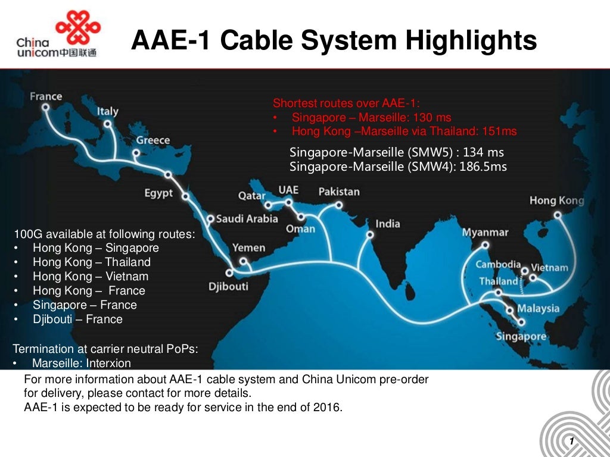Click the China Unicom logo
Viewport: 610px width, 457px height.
[56, 36]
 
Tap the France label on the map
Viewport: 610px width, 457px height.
[46, 96]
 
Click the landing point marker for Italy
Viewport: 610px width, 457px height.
[107, 124]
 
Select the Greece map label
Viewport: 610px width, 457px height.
[153, 140]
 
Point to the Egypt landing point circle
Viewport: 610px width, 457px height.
[168, 175]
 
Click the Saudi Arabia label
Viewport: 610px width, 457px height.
[247, 218]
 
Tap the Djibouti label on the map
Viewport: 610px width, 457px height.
[228, 287]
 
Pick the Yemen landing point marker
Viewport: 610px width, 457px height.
[243, 261]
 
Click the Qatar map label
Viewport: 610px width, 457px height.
[252, 195]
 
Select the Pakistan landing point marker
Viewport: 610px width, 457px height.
[339, 205]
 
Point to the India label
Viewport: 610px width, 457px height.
[388, 224]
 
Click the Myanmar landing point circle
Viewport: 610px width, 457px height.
[485, 245]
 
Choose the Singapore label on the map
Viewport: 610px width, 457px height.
[521, 336]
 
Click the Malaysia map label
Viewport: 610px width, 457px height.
[538, 308]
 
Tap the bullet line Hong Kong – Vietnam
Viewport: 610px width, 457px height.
[91, 276]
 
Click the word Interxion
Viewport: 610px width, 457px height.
[108, 363]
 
